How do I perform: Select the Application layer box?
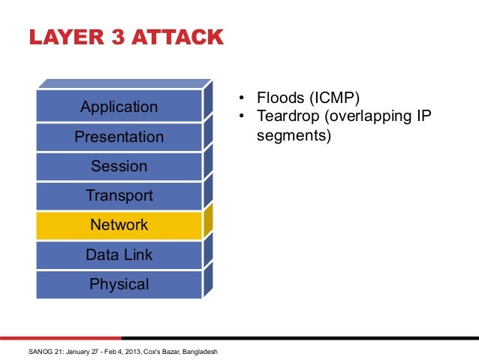(119, 107)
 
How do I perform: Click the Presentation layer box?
(119, 137)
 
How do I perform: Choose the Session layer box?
(119, 166)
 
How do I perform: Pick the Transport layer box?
(119, 196)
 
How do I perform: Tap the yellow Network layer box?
(119, 225)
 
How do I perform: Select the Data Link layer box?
(119, 255)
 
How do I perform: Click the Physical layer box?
(119, 284)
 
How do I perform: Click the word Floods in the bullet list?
(279, 98)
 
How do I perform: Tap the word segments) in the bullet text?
(293, 137)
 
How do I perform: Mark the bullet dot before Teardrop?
(242, 118)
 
